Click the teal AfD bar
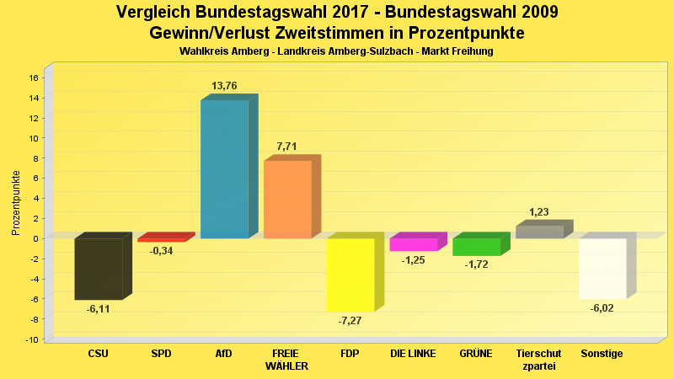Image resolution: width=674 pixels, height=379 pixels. tap(224, 168)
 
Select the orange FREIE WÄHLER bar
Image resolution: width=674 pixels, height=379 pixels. tap(287, 199)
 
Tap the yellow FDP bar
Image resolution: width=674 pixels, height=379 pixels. tap(350, 275)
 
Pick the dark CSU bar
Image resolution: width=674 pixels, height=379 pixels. tap(99, 269)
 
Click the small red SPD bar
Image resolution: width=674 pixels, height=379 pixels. tap(161, 240)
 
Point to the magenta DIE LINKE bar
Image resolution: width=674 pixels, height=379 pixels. tap(414, 244)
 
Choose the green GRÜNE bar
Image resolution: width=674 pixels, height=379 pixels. tap(477, 247)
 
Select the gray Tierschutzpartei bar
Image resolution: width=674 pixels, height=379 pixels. tap(539, 232)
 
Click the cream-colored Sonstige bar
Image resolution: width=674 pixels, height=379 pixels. tap(602, 268)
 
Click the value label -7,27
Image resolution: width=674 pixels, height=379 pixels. tap(349, 321)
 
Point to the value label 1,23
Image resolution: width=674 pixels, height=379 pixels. tap(540, 212)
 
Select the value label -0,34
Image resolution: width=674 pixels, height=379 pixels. tap(161, 251)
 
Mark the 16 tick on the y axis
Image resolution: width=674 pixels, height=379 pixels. tap(34, 77)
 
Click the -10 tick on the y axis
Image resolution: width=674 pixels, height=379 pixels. tap(32, 339)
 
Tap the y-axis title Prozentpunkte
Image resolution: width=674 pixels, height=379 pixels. tap(16, 202)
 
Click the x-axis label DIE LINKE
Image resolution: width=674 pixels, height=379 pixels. tap(413, 354)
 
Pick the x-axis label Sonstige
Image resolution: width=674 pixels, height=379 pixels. tap(602, 354)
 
